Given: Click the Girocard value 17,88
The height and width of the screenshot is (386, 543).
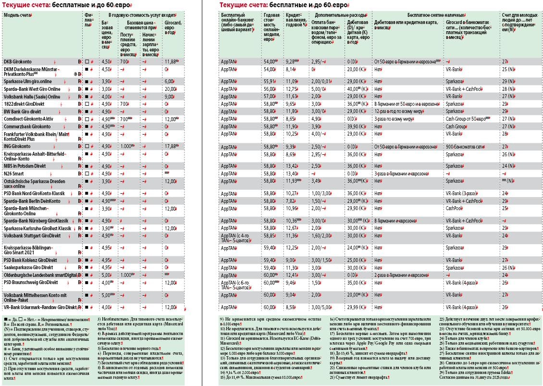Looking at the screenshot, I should click(170, 146).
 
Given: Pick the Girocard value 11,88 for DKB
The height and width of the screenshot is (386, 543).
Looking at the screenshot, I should click(170, 62).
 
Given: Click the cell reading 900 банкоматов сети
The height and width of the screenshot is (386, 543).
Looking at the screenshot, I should click(465, 146).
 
